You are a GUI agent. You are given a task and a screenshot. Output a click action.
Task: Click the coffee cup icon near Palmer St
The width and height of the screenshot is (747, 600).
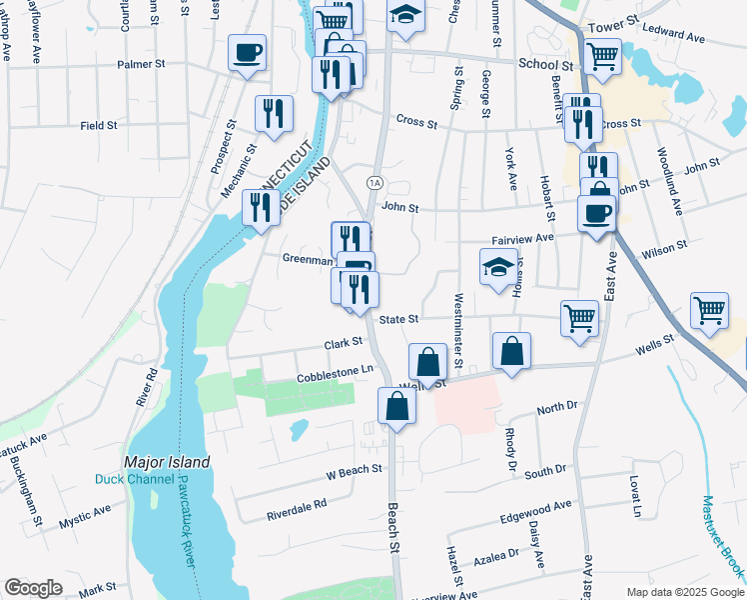click(247, 53)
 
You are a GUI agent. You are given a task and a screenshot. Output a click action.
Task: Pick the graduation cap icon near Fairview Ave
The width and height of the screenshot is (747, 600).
click(496, 267)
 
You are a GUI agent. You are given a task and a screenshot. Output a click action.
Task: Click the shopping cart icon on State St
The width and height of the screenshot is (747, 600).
click(579, 318)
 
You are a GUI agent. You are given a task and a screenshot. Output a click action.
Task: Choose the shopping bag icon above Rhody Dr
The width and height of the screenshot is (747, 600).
click(510, 351)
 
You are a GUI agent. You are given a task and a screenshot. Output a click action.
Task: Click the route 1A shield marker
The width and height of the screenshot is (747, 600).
click(374, 182)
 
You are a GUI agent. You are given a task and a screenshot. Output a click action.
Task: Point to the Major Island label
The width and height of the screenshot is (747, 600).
click(167, 462)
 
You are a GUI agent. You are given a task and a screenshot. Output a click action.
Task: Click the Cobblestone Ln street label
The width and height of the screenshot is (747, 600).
click(335, 373)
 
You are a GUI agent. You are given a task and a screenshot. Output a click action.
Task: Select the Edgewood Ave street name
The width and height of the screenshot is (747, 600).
click(536, 512)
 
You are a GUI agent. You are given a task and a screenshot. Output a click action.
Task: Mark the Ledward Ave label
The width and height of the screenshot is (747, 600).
click(676, 38)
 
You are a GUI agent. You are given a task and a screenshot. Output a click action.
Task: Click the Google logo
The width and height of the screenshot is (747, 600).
click(33, 588)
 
